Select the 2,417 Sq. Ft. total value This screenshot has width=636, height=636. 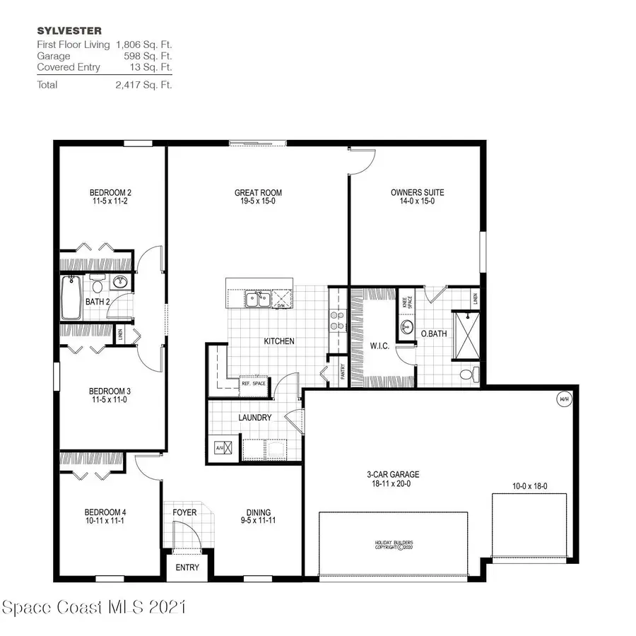click(x=145, y=85)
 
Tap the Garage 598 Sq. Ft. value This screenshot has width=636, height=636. click(x=152, y=56)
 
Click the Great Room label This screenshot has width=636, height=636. click(x=258, y=192)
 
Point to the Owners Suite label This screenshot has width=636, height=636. click(x=417, y=192)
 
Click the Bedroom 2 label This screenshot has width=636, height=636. click(x=110, y=192)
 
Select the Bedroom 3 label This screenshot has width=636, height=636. click(x=109, y=391)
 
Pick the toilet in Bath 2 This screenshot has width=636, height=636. click(x=97, y=285)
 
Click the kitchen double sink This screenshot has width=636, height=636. click(x=256, y=300)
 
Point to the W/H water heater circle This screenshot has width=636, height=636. click(x=564, y=399)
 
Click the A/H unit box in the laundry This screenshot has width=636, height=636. click(x=218, y=447)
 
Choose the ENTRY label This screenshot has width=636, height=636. click(x=187, y=567)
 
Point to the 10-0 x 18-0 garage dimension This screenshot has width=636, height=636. click(x=529, y=486)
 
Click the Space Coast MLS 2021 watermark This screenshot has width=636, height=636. click(x=93, y=607)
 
